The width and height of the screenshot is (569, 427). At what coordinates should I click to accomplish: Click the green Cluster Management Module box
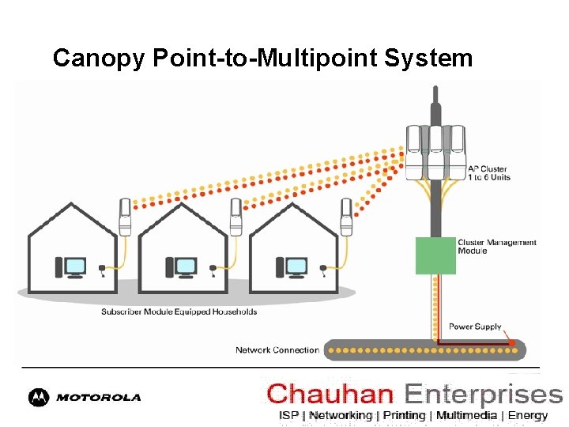[436, 255]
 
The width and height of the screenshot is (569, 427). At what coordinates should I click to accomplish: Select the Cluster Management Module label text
[496, 247]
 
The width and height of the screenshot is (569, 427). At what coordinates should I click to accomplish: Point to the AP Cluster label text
[488, 173]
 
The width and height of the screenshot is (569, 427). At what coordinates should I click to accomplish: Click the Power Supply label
[475, 327]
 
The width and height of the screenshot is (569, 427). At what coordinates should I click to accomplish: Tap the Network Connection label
[277, 350]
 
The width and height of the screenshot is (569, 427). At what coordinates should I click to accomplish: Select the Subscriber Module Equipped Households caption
[179, 312]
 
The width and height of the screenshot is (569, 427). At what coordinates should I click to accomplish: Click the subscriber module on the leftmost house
[125, 216]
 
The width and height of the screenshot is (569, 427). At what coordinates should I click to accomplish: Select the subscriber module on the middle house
[236, 216]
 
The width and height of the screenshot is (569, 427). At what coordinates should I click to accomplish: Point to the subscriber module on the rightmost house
[345, 216]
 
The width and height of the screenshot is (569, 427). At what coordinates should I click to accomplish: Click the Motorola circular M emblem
[39, 397]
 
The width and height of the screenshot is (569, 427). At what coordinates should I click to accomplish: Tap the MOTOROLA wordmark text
[98, 397]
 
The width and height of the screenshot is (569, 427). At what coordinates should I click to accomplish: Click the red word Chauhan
[330, 394]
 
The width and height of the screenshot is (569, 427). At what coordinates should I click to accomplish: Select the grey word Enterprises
[483, 394]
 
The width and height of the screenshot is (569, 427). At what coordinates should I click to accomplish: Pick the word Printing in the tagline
[404, 415]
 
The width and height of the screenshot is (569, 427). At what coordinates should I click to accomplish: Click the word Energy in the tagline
[528, 415]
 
